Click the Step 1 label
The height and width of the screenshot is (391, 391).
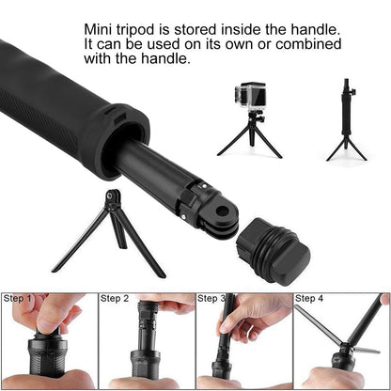[18, 299]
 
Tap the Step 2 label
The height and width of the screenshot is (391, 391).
[116, 299]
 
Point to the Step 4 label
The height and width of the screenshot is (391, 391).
[311, 299]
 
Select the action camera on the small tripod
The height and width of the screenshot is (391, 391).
[251, 96]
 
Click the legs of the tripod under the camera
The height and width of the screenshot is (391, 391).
[250, 139]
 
